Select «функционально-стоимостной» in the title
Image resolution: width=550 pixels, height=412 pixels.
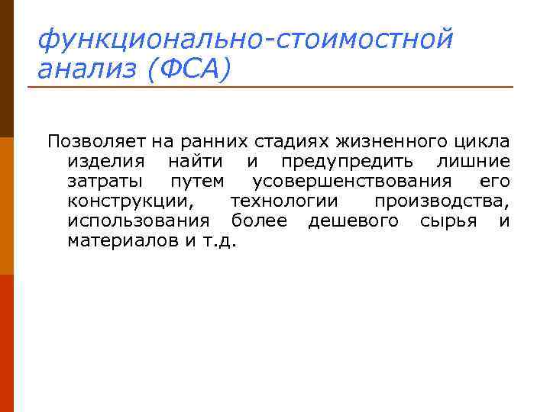(x=245, y=37)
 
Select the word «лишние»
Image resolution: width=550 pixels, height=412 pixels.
(x=473, y=162)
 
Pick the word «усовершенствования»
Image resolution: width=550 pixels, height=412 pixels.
(x=351, y=182)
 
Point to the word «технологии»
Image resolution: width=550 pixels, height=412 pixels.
(x=283, y=201)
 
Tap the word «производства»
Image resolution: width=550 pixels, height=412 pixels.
(x=442, y=201)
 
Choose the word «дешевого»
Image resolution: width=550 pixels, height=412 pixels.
(x=353, y=221)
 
